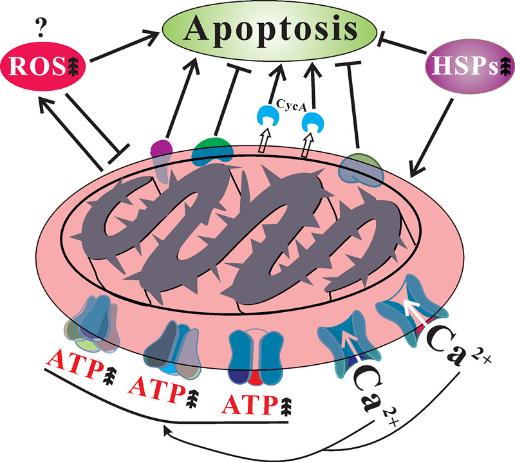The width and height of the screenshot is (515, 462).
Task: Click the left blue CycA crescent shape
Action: point(265,118)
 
